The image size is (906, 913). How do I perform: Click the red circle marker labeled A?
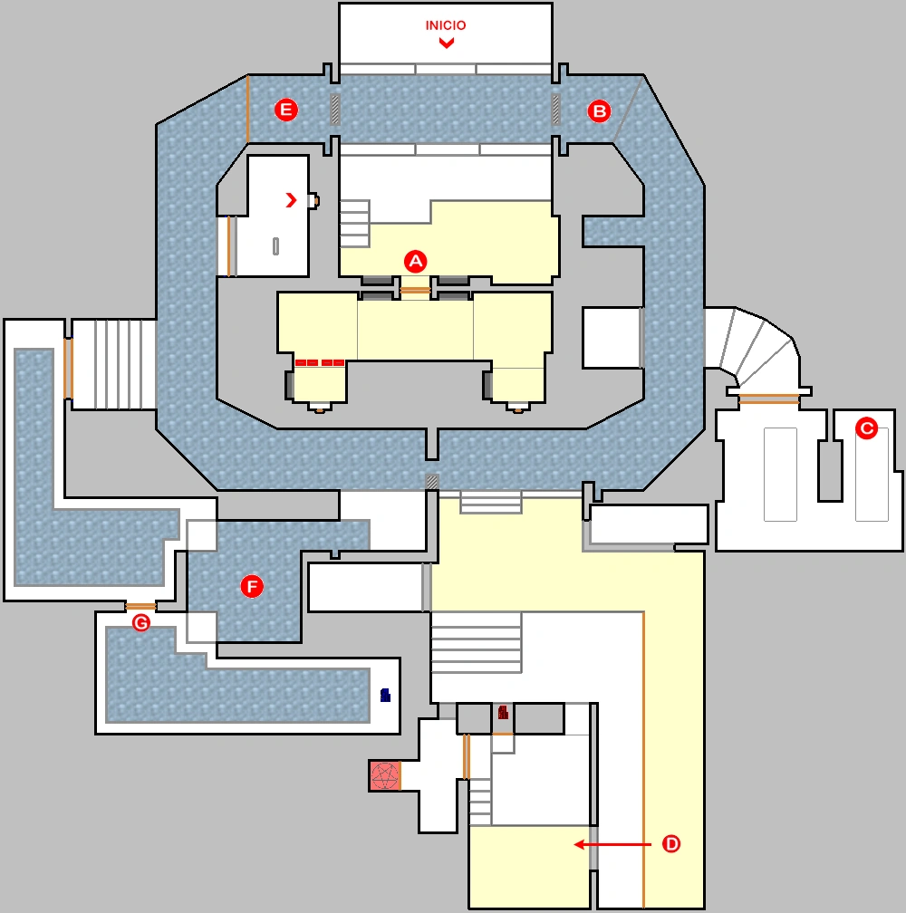415,261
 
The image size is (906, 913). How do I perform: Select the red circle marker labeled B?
600,111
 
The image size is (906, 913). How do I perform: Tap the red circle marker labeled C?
867,428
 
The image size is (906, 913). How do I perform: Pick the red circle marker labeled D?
671,844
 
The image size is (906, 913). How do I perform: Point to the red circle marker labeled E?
286,111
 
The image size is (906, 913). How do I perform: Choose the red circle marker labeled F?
251,587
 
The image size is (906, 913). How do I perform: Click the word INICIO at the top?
446,25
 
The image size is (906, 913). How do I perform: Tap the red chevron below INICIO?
446,43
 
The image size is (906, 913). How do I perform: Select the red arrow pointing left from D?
612,844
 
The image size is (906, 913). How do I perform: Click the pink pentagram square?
385,775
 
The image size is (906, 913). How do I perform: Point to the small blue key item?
385,696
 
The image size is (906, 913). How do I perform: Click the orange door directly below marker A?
415,291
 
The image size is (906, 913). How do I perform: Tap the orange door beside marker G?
141,606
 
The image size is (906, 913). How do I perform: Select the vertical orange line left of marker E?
247,109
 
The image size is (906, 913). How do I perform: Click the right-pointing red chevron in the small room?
291,200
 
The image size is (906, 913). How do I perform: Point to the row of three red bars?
320,362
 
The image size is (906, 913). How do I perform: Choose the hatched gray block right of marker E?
335,110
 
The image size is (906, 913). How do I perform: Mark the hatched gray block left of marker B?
556,110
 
